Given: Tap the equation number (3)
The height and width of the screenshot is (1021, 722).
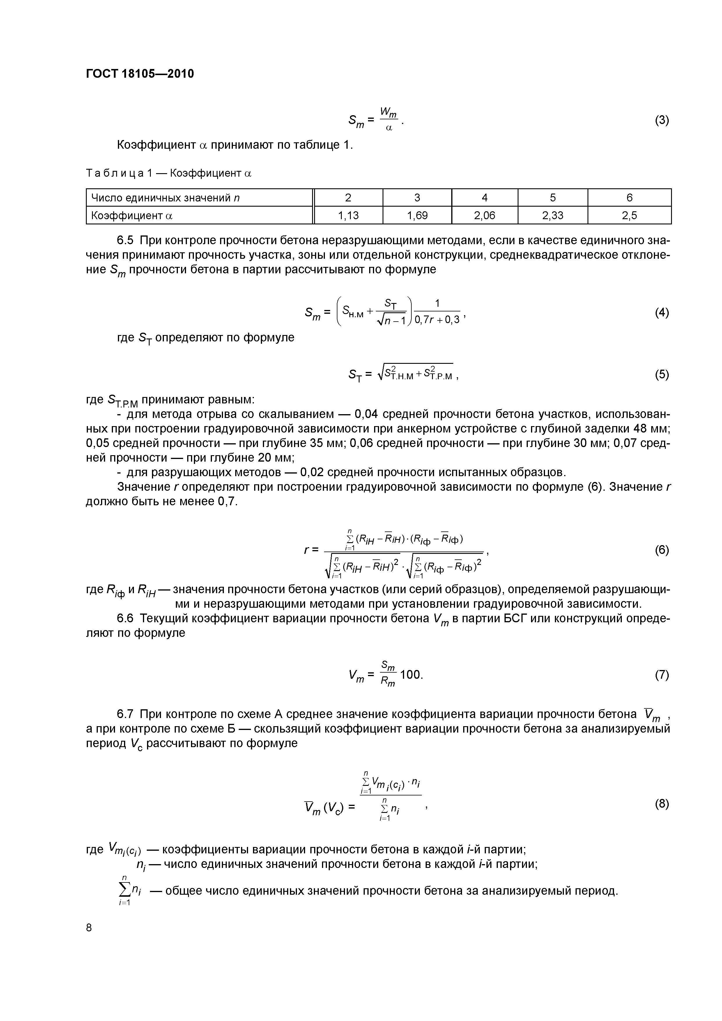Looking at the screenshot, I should coord(661,120).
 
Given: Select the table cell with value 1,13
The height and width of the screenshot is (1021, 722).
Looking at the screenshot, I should coord(348,216).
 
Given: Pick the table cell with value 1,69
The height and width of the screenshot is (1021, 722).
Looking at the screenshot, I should coord(417,216).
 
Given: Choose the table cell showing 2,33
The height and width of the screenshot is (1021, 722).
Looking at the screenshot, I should coord(553,216).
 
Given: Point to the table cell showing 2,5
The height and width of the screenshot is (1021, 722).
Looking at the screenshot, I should coord(629,216).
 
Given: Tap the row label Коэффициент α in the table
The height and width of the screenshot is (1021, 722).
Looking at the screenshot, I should coord(132,216).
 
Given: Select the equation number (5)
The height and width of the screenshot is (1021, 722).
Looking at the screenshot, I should coord(661,374).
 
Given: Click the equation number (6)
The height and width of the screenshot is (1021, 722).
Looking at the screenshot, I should coord(661,550).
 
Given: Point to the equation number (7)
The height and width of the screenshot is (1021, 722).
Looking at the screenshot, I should coord(661,675).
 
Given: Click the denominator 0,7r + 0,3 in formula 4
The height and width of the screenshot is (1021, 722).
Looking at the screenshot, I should coord(437,320).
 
